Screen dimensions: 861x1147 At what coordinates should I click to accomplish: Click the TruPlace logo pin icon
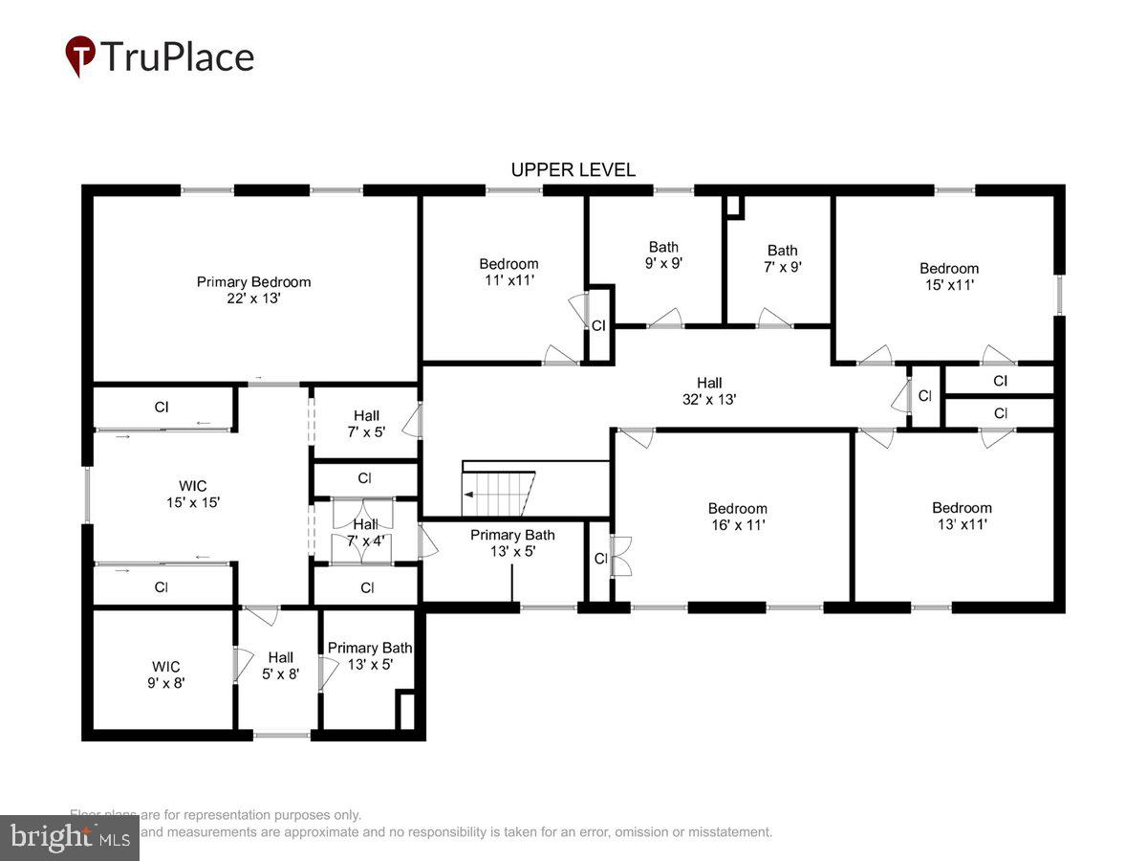point(80,55)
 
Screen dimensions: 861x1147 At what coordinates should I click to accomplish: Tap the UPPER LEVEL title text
point(573,170)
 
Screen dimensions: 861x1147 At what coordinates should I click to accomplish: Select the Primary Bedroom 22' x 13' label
point(253,290)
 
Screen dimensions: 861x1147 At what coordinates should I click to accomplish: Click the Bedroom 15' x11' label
point(948,276)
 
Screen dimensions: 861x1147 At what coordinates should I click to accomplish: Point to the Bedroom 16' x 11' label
point(737,517)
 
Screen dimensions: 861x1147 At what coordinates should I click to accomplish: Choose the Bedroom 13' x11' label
point(962,516)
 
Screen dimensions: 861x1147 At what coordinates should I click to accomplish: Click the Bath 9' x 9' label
point(663,254)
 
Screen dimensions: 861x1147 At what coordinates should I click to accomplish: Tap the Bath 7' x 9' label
point(782,258)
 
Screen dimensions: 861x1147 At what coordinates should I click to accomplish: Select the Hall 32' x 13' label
point(709,391)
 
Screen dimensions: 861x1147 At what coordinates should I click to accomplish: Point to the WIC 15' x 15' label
point(192,494)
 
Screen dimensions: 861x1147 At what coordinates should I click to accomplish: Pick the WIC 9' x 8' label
point(165,674)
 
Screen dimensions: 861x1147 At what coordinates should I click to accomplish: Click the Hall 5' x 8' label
point(280,665)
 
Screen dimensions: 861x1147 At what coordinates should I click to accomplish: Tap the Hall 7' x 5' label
point(366,424)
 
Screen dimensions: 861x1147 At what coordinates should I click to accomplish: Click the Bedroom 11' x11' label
point(508,272)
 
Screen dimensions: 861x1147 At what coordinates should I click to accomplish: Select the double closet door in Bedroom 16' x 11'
point(621,557)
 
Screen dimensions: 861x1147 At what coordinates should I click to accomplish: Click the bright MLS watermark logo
point(69,837)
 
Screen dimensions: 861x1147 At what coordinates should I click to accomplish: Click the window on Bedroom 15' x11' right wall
point(1059,295)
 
